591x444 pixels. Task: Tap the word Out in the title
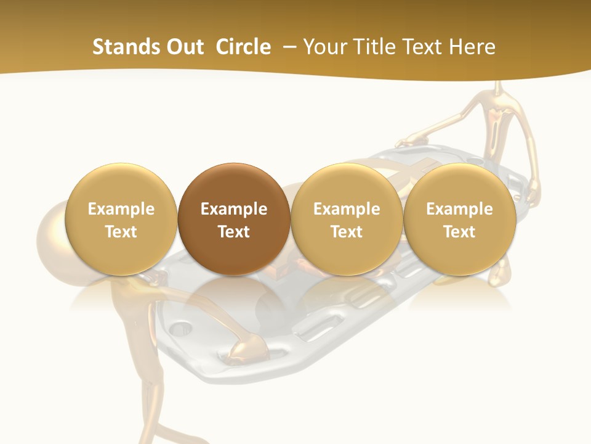coord(183,47)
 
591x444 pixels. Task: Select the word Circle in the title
coord(243,47)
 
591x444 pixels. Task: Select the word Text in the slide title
coord(427,47)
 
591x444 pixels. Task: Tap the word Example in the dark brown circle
coord(233,209)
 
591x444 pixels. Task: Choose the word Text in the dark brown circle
coord(233,232)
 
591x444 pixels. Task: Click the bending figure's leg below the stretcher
coord(150,395)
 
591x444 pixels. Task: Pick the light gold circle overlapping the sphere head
coord(121,219)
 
